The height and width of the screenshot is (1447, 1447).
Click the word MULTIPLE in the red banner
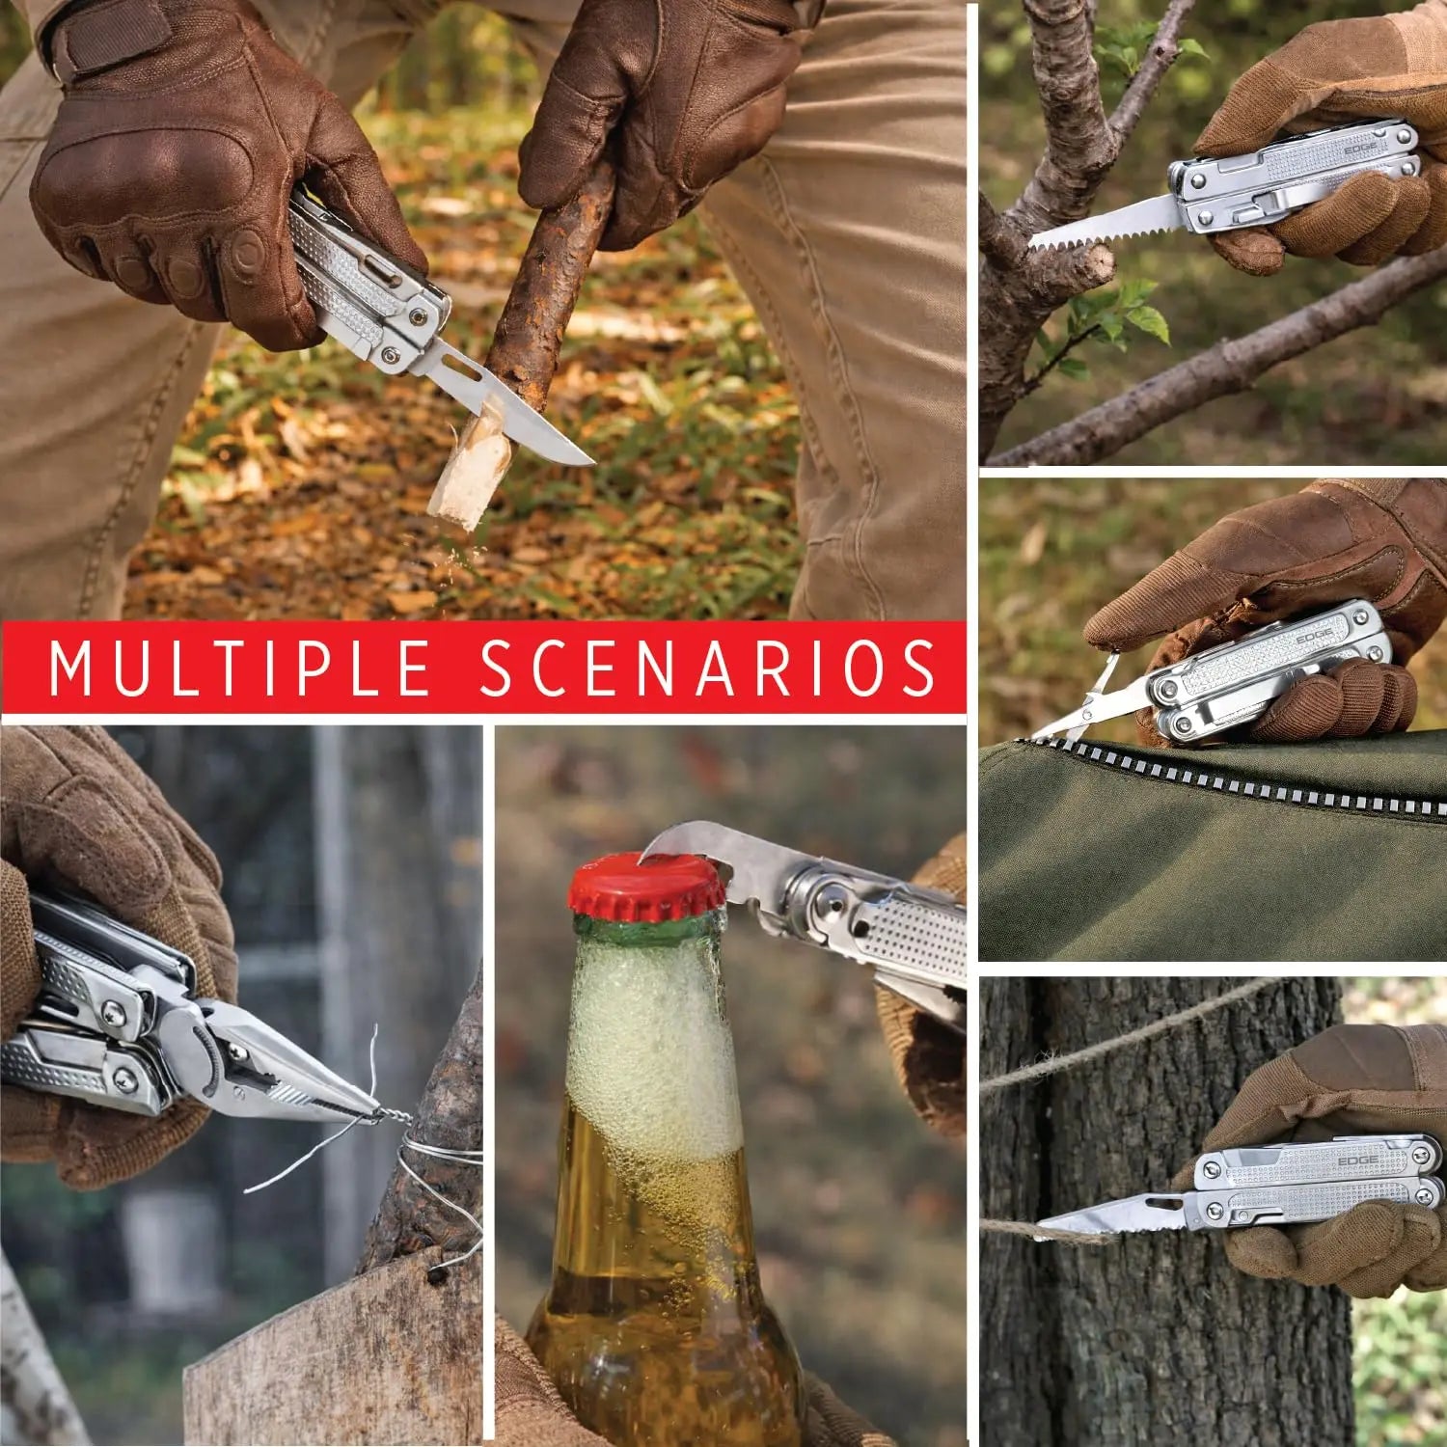point(239,668)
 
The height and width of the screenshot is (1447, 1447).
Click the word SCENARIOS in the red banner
point(708,668)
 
